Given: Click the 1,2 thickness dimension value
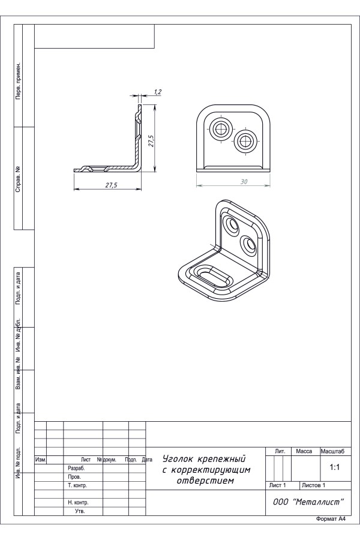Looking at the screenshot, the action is pos(158,92).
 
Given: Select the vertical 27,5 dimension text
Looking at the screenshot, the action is pos(151,141).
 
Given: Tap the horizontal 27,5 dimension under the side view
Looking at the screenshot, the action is pos(111,185).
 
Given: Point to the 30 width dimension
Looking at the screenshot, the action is pos(244,181).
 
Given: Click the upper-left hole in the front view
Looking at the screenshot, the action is pos(220,130).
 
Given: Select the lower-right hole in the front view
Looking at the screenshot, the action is pos(246,141).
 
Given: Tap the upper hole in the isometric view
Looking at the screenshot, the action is pos(232,224).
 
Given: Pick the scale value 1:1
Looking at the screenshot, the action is pos(335,467).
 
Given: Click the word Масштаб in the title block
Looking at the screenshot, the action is pos(332,451).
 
